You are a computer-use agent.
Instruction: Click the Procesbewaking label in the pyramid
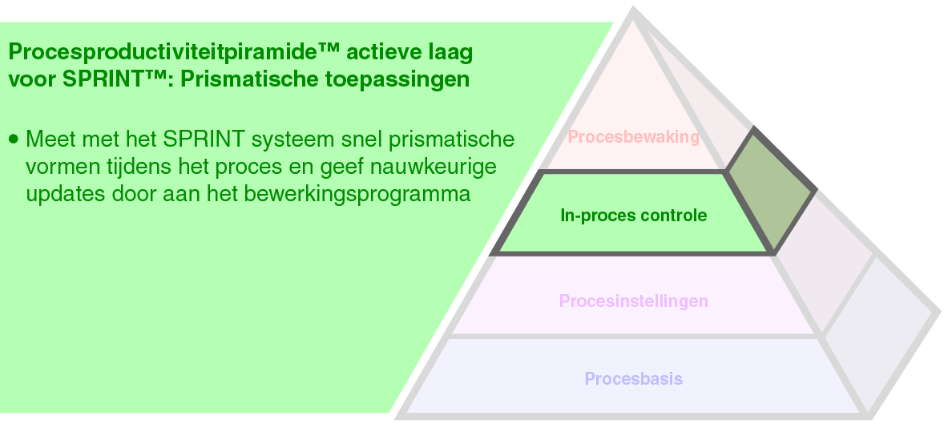pos(633,137)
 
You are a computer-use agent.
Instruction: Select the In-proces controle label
pos(633,216)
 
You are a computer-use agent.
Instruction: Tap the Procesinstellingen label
pos(633,301)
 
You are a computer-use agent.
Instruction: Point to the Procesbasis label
pos(633,378)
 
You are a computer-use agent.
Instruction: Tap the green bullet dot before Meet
pos(13,139)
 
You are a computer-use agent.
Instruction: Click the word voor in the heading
pos(31,81)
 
